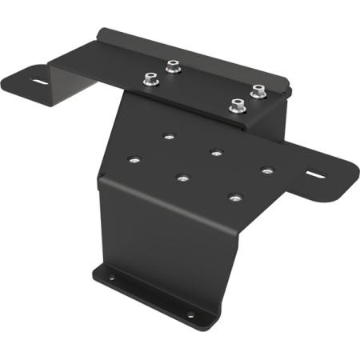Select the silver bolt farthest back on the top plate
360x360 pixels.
click(172, 66)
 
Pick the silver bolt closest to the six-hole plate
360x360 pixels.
click(237, 105)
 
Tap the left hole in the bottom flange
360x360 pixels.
click(112, 278)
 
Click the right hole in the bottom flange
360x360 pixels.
click(190, 314)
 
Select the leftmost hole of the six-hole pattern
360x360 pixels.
click(134, 159)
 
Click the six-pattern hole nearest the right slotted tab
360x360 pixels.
click(266, 170)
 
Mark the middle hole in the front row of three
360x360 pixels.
click(183, 178)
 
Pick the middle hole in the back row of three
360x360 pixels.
click(216, 152)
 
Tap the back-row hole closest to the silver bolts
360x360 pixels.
click(167, 136)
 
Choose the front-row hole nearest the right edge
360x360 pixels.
click(234, 197)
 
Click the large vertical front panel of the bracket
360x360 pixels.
click(160, 240)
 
